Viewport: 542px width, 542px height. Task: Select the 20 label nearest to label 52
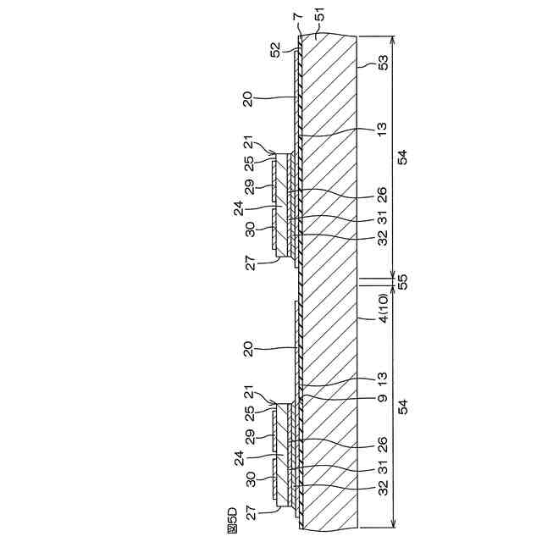[x=247, y=99]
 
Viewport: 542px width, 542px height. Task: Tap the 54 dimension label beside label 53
[x=403, y=158]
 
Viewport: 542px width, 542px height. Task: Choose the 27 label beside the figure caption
[x=251, y=512]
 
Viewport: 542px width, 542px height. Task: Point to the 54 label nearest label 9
[x=403, y=407]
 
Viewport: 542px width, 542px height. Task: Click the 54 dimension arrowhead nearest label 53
[x=394, y=38]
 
